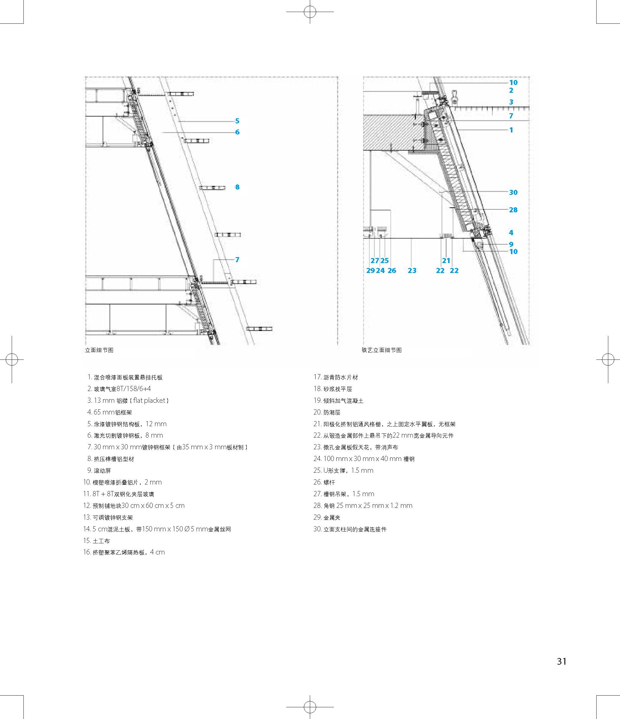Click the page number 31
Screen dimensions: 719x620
561,661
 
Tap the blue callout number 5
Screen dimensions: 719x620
237,121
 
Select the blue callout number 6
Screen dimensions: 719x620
237,132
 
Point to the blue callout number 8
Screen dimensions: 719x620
237,187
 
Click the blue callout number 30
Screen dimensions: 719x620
513,192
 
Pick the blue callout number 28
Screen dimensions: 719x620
513,210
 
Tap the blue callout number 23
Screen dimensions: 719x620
412,271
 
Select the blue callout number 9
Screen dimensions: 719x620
511,244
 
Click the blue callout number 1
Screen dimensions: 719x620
511,130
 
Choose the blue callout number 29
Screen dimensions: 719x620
370,271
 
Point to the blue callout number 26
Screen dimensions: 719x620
392,271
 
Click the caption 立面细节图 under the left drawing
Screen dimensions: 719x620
99,350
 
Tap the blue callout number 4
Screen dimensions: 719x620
511,232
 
